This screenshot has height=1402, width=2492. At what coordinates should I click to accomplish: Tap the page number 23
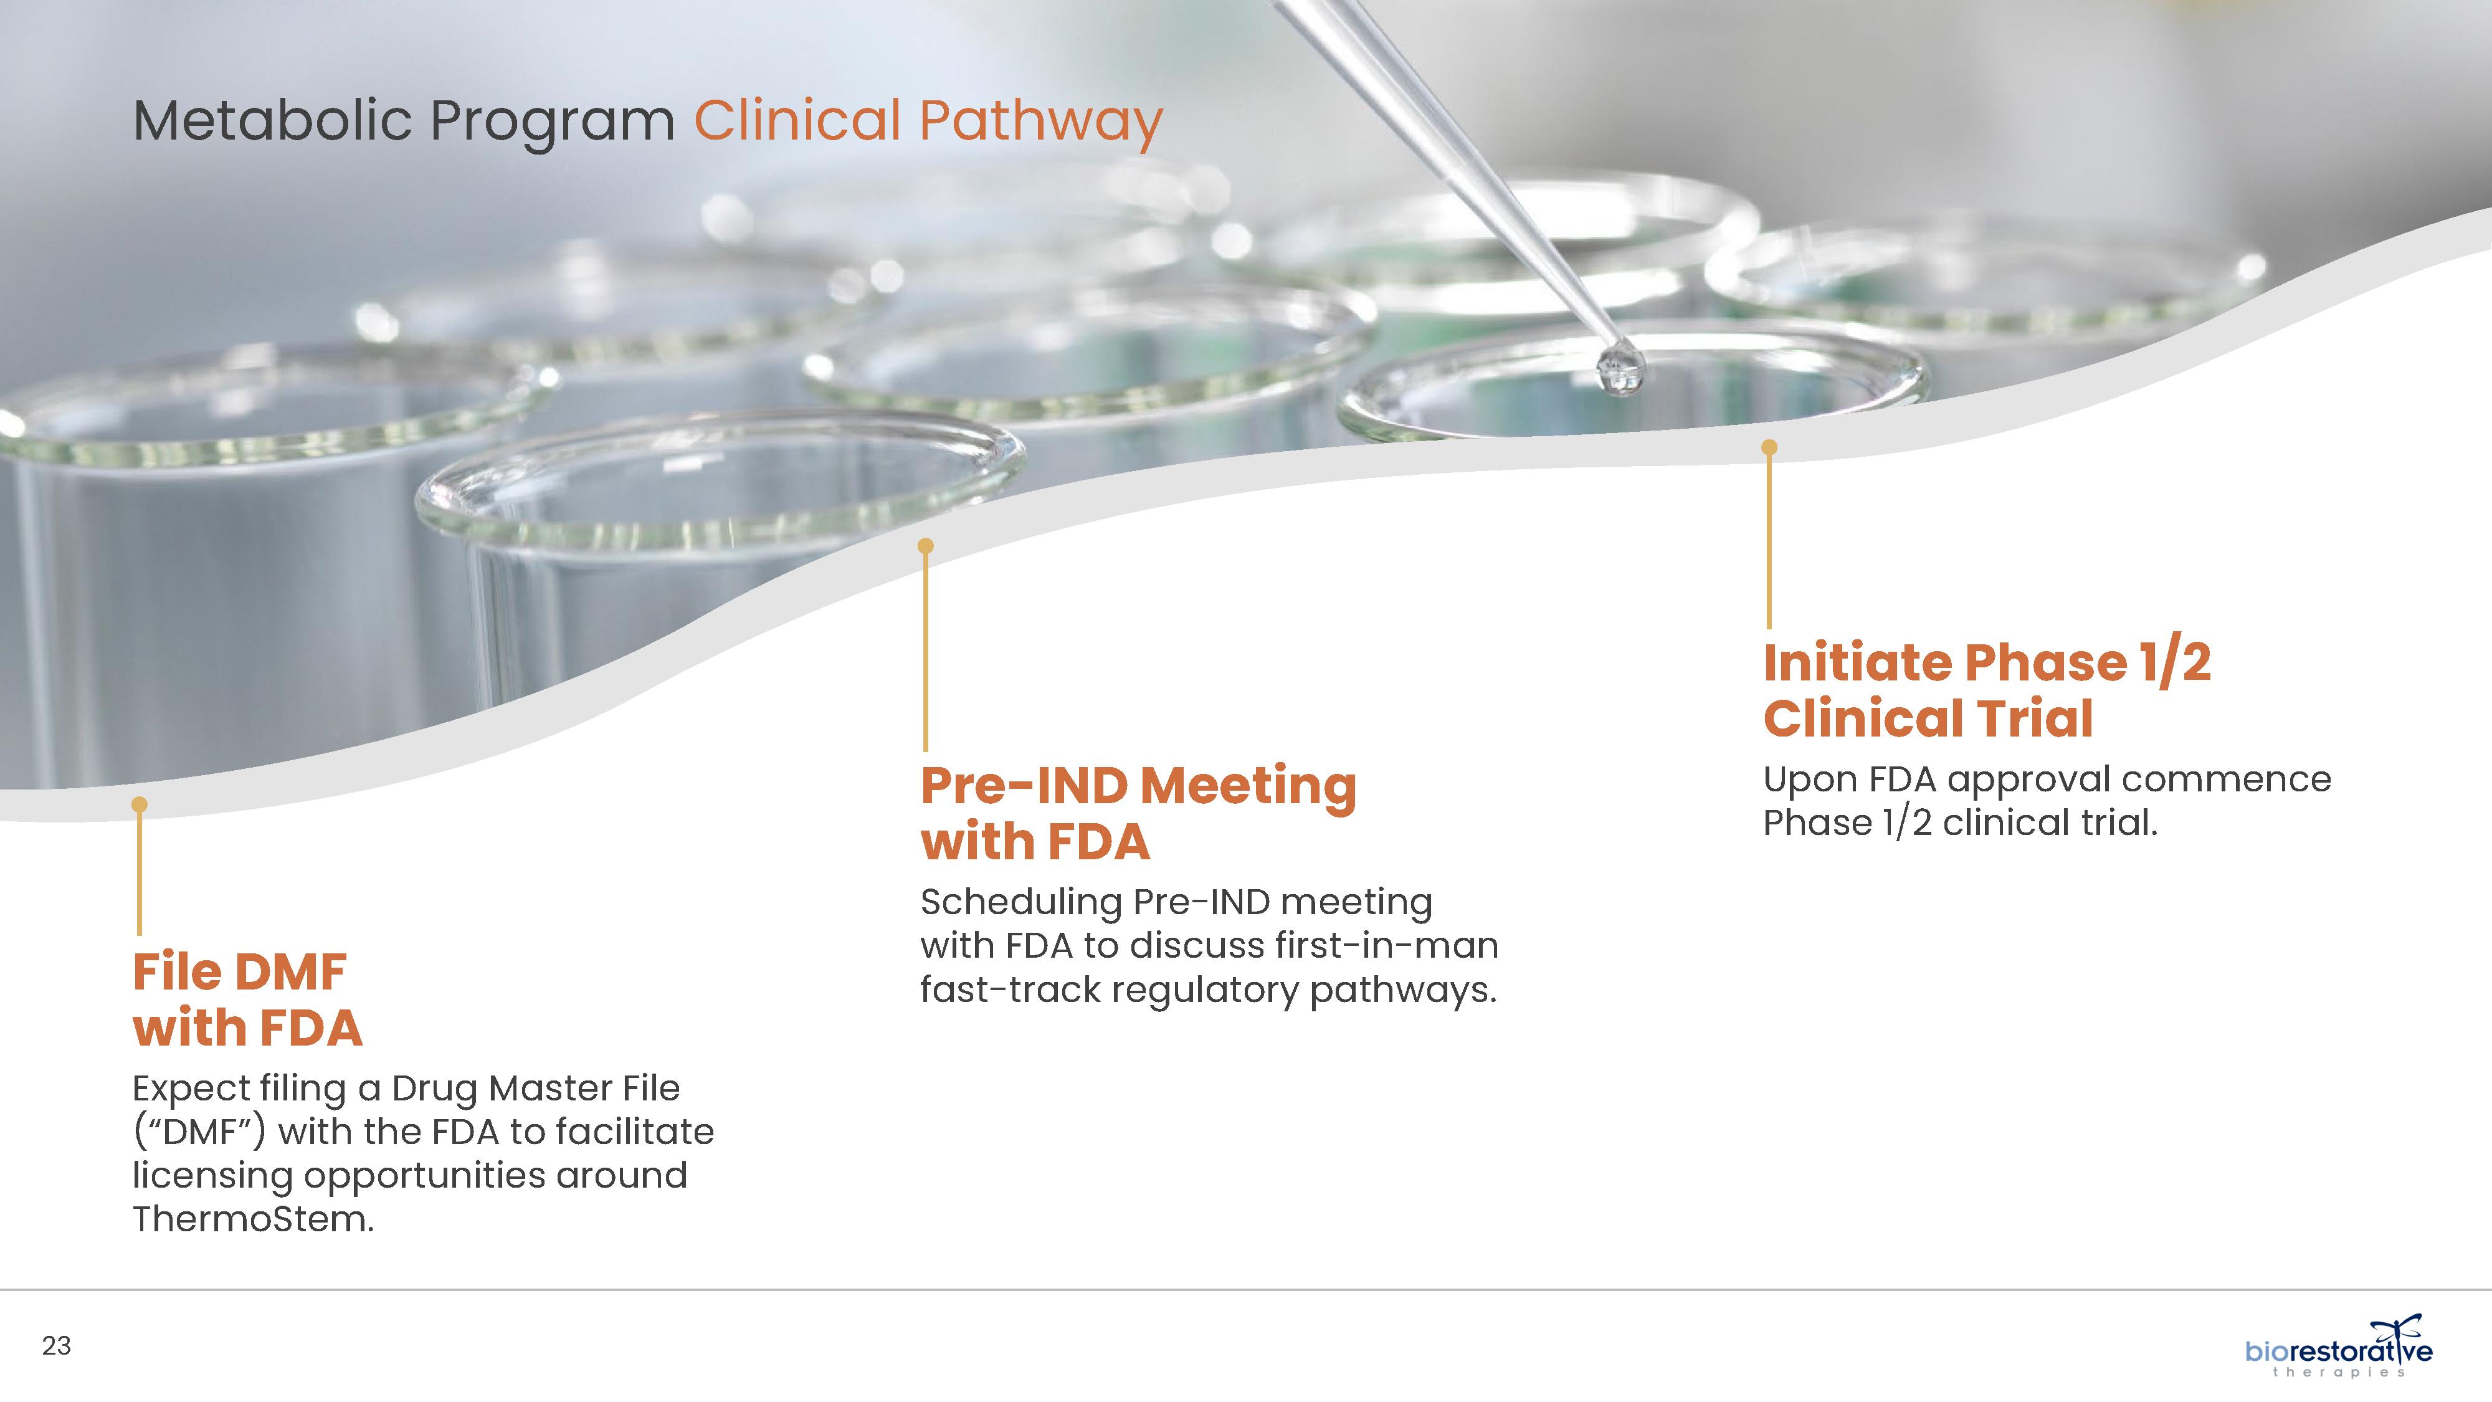pyautogui.click(x=56, y=1346)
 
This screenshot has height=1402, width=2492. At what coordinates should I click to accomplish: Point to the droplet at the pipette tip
pyautogui.click(x=1620, y=369)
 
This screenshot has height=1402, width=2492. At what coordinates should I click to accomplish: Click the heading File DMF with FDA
pyautogui.click(x=248, y=999)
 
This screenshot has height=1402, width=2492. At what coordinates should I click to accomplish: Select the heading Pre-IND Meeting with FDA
pyautogui.click(x=1138, y=813)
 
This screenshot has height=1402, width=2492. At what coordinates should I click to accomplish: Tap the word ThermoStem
pyautogui.click(x=252, y=1219)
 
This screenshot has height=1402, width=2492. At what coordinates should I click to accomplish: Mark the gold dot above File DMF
pyautogui.click(x=140, y=804)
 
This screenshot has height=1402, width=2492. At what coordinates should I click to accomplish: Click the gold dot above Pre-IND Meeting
pyautogui.click(x=926, y=546)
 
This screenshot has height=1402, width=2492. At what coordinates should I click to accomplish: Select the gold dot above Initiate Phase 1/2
pyautogui.click(x=1769, y=447)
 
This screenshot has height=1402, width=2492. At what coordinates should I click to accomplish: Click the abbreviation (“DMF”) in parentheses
pyautogui.click(x=198, y=1132)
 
